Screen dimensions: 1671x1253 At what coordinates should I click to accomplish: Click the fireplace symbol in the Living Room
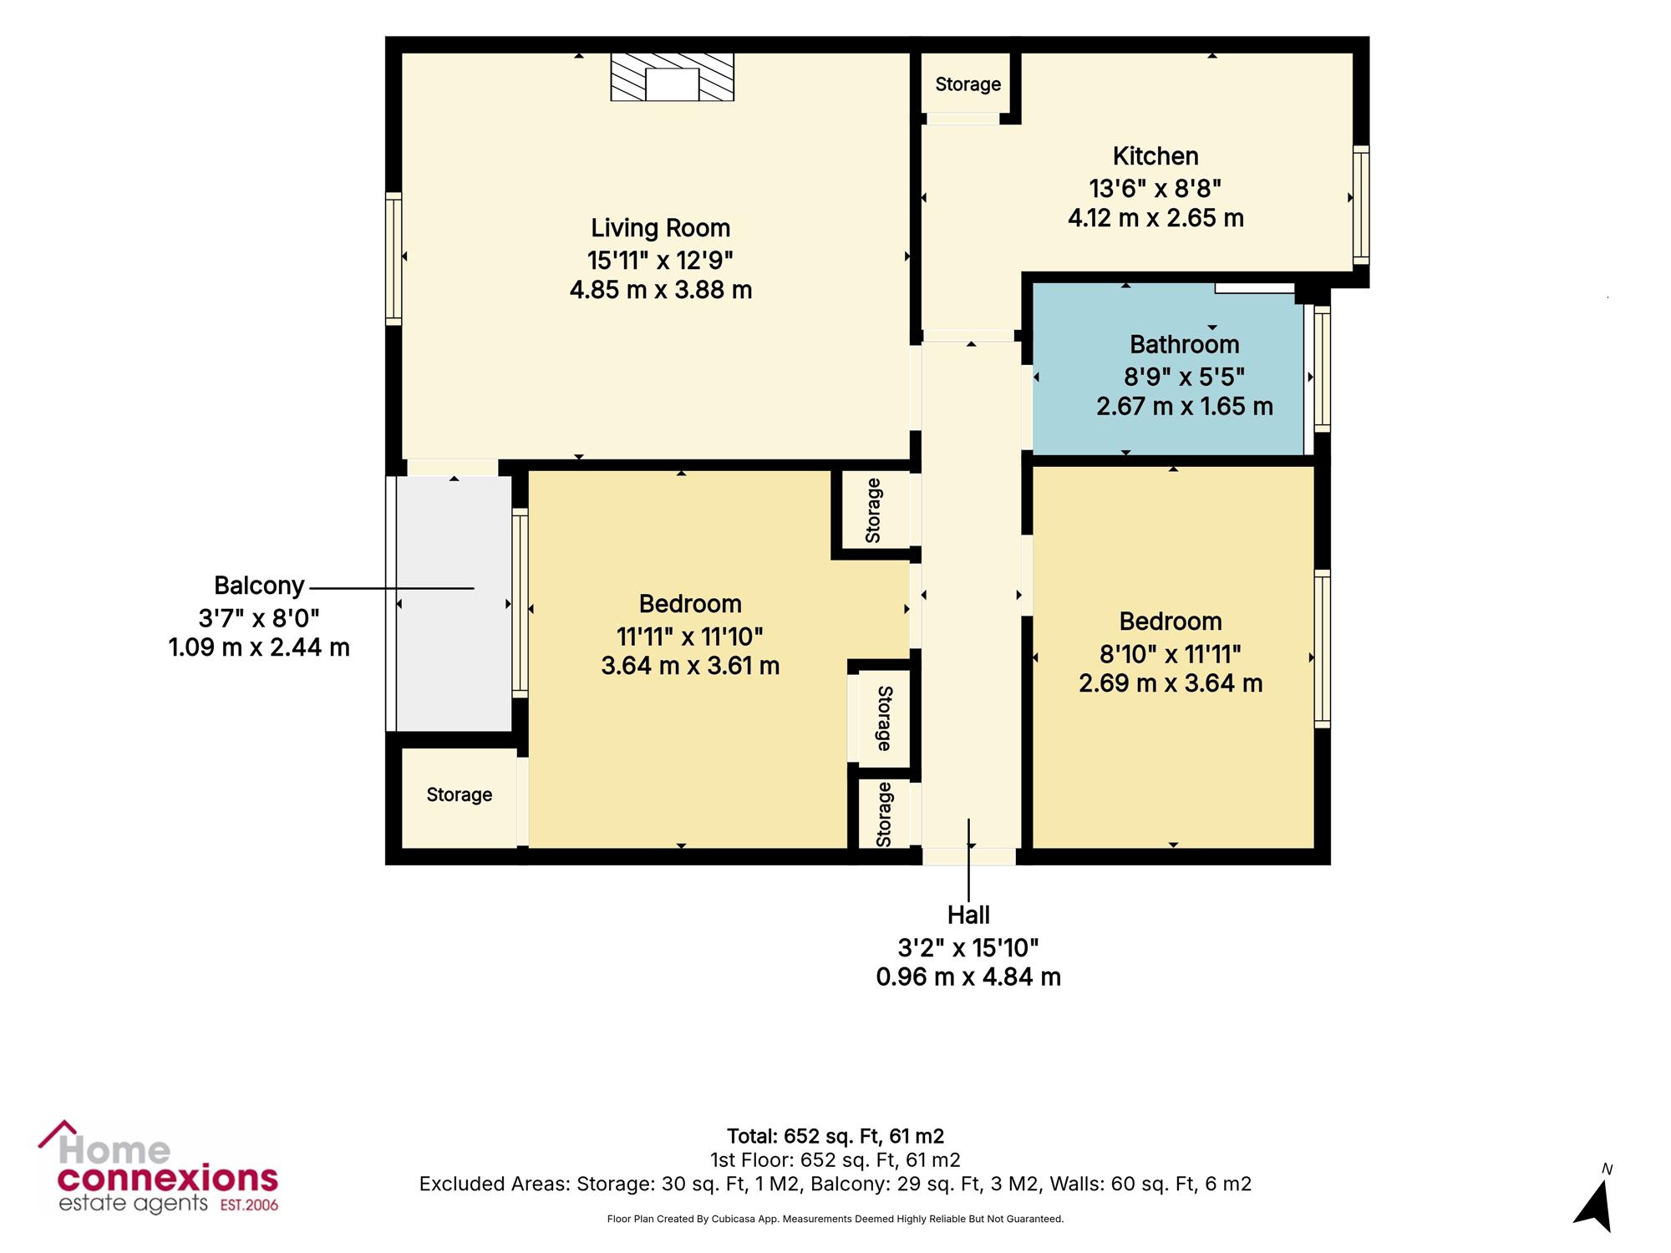point(673,77)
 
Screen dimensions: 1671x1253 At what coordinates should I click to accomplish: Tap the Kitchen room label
point(1155,156)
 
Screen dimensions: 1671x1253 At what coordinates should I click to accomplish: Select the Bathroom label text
point(1184,344)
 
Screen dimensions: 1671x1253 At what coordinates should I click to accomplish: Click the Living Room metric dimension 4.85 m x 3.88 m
point(661,290)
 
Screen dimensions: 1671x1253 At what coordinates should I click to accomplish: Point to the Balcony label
point(259,586)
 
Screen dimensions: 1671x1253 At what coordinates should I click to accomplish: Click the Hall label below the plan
point(968,916)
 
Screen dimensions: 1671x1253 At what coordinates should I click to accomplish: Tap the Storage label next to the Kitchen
point(968,84)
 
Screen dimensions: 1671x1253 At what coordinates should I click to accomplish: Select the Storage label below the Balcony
point(459,794)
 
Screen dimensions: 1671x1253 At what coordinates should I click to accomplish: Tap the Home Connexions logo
point(159,1167)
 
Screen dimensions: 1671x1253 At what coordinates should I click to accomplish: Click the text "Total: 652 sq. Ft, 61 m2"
point(835,1136)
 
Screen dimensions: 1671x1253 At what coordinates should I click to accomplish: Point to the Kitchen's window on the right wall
point(1361,205)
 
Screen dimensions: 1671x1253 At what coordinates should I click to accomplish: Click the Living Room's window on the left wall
point(394,258)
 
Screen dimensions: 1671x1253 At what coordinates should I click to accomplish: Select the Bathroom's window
point(1322,369)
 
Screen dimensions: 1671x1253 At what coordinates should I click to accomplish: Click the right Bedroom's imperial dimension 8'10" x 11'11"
point(1170,653)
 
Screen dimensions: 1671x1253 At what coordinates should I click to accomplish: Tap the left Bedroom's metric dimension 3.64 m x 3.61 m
point(690,666)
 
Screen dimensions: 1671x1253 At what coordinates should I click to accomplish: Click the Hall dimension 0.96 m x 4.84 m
point(968,977)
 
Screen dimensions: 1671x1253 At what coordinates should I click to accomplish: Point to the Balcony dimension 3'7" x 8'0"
point(259,618)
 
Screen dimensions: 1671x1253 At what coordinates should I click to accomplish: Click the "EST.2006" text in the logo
point(249,1205)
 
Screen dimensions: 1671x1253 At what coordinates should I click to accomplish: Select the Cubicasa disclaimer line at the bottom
point(835,1219)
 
